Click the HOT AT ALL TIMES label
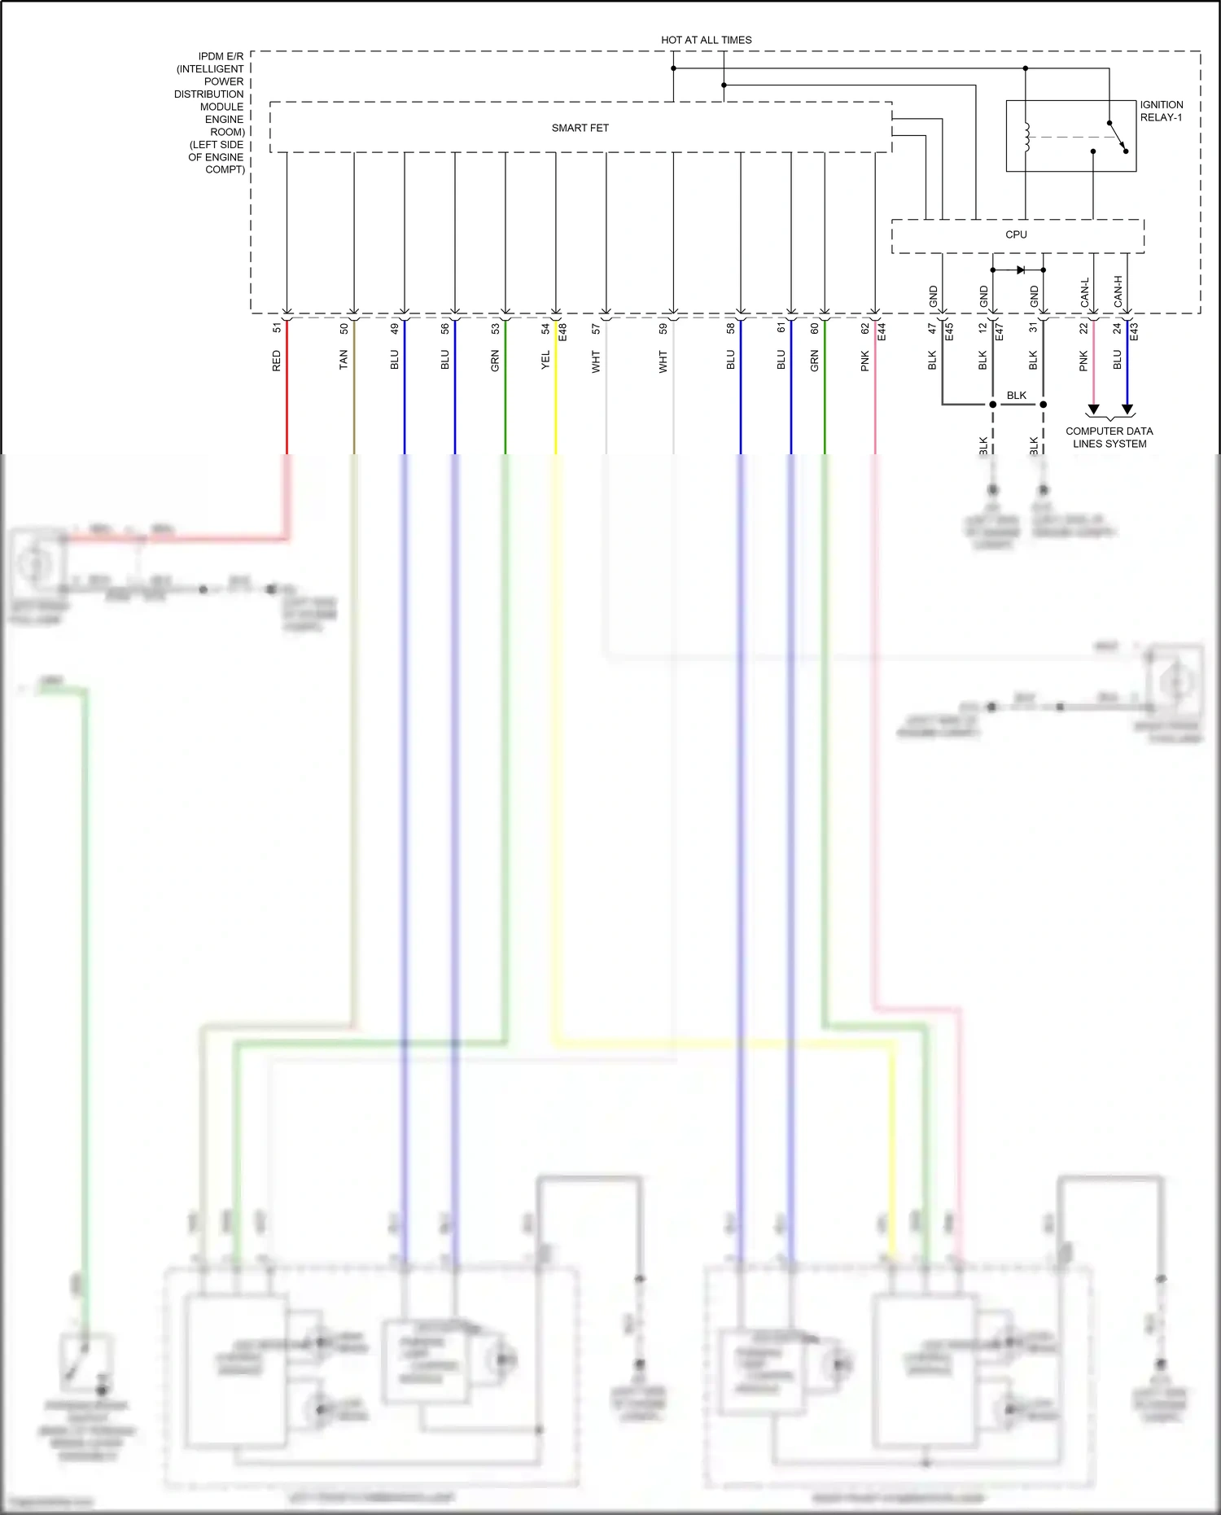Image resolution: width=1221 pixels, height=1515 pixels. [x=706, y=40]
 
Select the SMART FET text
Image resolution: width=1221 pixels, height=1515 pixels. [x=580, y=128]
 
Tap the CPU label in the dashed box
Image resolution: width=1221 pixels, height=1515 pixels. [x=1016, y=234]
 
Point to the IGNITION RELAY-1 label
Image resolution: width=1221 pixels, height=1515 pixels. [x=1161, y=111]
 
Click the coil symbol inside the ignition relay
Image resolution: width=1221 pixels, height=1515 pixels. [x=1026, y=137]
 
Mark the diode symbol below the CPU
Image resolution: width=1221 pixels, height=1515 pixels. [x=1020, y=269]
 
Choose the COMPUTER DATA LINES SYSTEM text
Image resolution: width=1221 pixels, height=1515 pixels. [x=1109, y=437]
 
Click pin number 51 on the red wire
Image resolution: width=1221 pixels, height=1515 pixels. [x=277, y=328]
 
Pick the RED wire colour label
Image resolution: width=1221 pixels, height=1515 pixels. [x=277, y=361]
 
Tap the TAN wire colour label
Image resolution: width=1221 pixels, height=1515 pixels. [x=344, y=360]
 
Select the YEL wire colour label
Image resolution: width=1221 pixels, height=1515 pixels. [x=545, y=360]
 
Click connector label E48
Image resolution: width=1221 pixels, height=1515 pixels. [x=562, y=331]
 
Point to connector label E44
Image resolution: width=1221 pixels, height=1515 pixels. [x=882, y=331]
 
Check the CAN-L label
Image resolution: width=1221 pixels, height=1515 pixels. [x=1084, y=292]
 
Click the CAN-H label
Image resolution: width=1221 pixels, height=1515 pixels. [x=1118, y=291]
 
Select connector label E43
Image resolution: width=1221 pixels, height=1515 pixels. [x=1134, y=331]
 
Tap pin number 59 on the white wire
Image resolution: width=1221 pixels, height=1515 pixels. [x=663, y=328]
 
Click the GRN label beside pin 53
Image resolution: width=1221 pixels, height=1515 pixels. [x=495, y=361]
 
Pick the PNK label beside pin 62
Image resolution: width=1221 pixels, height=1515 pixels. [x=865, y=361]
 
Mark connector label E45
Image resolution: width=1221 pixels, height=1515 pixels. [x=949, y=331]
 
